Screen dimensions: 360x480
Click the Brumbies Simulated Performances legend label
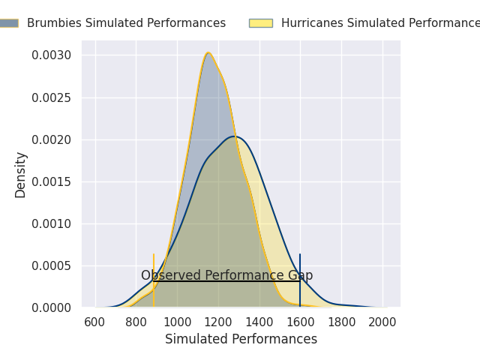pos(126,23)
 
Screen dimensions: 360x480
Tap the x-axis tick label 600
pos(95,322)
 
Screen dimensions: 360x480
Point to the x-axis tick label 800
pos(136,322)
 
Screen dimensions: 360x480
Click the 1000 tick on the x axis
pos(177,322)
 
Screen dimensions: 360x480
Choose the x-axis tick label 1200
pos(218,322)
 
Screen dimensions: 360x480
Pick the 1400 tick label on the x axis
pos(259,322)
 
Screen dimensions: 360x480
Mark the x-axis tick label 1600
pos(301,322)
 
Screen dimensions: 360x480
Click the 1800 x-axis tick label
pos(341,322)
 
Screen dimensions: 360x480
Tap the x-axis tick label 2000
pos(382,322)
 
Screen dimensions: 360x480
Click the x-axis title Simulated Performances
pos(241,339)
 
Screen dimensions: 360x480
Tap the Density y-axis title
pos(21,174)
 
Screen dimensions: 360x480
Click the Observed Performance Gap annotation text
pos(226,275)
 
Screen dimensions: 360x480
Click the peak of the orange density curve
pos(208,52)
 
